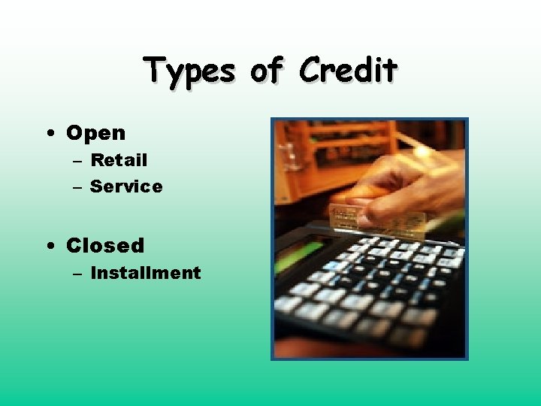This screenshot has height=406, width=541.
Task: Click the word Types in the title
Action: [x=190, y=72]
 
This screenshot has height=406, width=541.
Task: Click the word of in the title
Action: [x=267, y=71]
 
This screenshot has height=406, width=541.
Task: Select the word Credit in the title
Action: [x=348, y=71]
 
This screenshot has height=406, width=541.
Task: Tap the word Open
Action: [x=96, y=134]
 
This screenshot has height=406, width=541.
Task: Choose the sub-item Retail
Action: [x=119, y=160]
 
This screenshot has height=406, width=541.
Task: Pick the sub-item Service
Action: [x=126, y=186]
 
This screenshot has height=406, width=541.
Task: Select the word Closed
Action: [x=105, y=246]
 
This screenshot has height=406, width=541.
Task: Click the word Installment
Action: [x=146, y=273]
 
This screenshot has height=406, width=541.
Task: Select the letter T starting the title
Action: [x=156, y=71]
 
